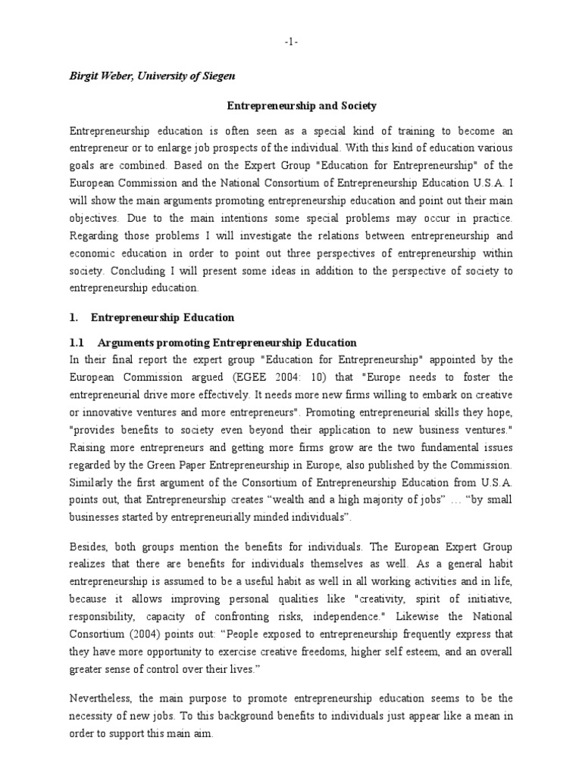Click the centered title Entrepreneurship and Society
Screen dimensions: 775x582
point(291,107)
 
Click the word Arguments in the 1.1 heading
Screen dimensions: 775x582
point(125,342)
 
